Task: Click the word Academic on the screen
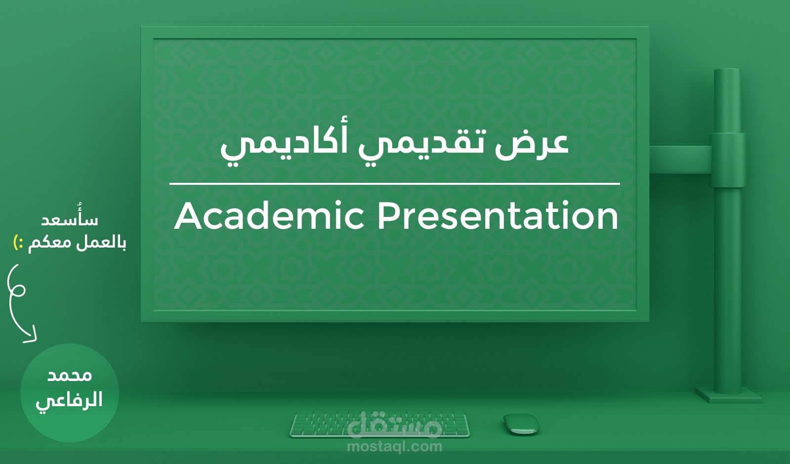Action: [x=269, y=216]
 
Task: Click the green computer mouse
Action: [x=521, y=424]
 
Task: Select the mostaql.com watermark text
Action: [x=394, y=447]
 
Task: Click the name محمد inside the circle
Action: [x=70, y=376]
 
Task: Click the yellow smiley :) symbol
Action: [x=18, y=243]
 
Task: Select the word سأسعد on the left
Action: [x=69, y=220]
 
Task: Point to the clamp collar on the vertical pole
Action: [x=727, y=160]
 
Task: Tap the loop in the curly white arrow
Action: [x=18, y=290]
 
